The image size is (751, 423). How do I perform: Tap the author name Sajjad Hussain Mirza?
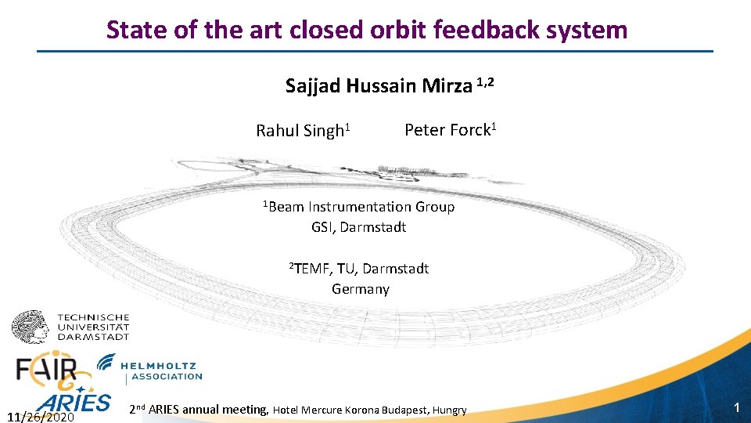click(x=380, y=85)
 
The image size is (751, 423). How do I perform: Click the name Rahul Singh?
click(x=300, y=131)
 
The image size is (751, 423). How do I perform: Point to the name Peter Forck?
click(x=448, y=130)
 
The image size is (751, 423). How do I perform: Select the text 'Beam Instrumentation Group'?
click(x=362, y=207)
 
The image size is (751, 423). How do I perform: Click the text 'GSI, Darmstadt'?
click(x=358, y=227)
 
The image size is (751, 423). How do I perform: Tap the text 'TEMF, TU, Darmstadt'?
click(x=361, y=269)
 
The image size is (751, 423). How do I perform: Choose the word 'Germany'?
click(x=360, y=289)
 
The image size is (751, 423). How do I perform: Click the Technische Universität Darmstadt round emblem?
click(x=30, y=326)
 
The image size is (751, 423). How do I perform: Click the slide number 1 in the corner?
click(x=735, y=407)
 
